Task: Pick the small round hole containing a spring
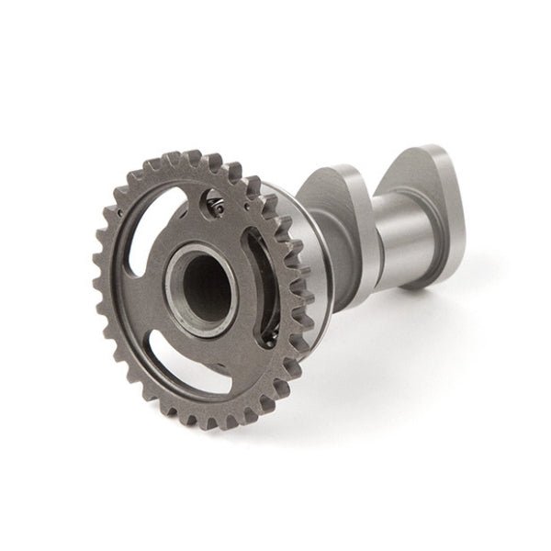click(213, 206)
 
